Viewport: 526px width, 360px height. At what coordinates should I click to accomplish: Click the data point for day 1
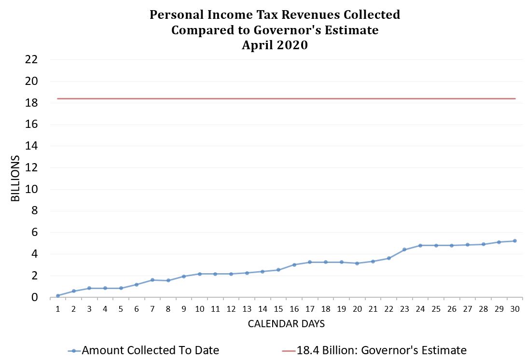coord(58,295)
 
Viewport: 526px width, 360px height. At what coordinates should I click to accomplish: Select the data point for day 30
coord(514,241)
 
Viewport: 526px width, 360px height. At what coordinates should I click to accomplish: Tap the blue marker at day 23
coord(404,249)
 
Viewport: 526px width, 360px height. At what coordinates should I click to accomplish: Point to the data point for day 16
coord(294,264)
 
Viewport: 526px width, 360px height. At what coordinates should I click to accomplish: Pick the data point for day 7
coord(152,280)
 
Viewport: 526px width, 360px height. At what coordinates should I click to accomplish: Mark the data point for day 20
coord(357,263)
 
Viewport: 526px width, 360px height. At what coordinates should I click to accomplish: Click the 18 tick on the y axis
coord(30,103)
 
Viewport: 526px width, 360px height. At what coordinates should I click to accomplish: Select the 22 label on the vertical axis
coord(30,60)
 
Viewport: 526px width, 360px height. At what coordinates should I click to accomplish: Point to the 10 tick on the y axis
coord(30,189)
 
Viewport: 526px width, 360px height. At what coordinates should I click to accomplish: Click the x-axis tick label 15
coord(278,309)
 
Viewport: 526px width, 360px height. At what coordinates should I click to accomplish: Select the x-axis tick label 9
coord(184,309)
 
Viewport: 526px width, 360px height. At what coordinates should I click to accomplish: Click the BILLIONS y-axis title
coord(16,179)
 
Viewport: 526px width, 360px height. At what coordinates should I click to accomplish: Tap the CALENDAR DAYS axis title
coord(286,324)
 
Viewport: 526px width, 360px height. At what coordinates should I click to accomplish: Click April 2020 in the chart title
coord(275,46)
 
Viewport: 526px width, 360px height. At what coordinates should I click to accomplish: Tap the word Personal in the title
coord(174,15)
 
